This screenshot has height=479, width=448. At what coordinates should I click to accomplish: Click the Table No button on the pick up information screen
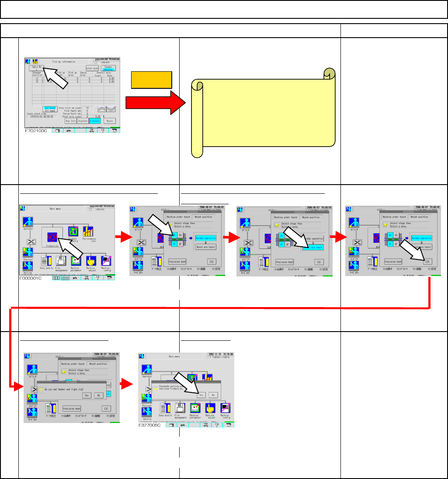pos(36,68)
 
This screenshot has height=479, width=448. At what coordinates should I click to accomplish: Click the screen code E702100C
pos(36,130)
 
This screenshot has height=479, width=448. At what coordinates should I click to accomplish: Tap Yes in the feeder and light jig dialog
pos(87,395)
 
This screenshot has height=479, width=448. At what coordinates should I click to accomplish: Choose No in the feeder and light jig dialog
pos(99,395)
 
